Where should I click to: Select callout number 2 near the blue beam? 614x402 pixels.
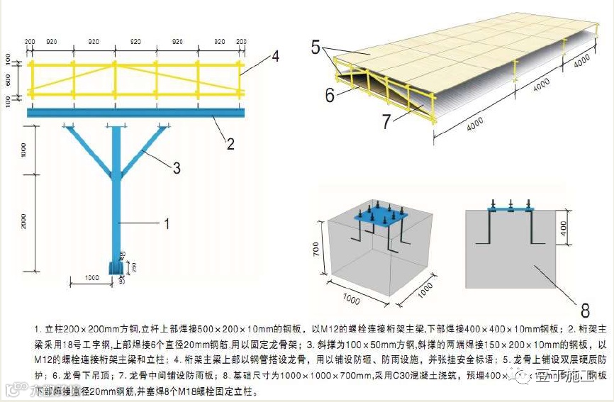[230, 143]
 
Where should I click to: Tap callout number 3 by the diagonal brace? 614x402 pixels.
[177, 168]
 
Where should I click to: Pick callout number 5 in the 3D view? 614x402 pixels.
[316, 48]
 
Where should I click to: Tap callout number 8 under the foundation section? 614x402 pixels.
[585, 310]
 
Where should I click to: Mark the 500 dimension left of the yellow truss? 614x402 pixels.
[9, 81]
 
